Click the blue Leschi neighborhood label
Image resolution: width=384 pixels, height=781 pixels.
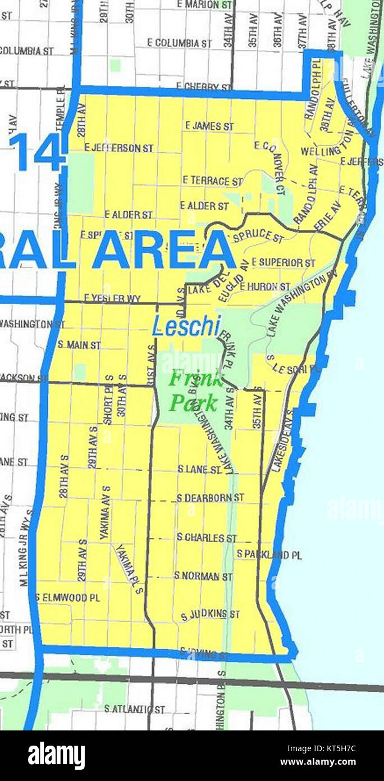tap(186, 326)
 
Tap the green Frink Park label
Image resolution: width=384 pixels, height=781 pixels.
tap(195, 390)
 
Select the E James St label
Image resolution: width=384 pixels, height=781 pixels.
tap(209, 126)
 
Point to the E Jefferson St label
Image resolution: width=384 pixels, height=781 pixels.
tap(118, 148)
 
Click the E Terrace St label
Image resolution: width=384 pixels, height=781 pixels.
tap(212, 181)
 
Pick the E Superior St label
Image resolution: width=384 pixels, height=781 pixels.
tap(284, 262)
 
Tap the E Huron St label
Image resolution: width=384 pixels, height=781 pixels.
tap(265, 287)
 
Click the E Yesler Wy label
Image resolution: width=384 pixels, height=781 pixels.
tap(112, 298)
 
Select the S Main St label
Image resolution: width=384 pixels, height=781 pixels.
tap(79, 344)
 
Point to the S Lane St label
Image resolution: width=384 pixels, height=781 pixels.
tap(200, 469)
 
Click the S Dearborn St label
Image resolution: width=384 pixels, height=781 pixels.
tap(210, 498)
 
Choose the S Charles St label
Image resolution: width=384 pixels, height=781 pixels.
tap(207, 538)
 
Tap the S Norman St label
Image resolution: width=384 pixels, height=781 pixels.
tap(203, 576)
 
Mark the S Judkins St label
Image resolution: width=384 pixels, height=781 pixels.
tap(210, 615)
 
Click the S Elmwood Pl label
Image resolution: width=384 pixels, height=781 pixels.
tap(67, 597)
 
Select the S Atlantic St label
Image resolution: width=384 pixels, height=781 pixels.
tap(135, 710)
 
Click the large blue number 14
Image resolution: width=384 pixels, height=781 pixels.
tap(38, 152)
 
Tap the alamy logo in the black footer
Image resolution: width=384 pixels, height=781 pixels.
tap(57, 756)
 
